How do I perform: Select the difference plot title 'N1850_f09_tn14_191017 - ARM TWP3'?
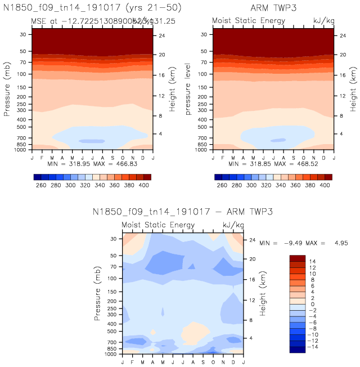pos(182,212)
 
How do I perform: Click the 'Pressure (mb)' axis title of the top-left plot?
pos(7,92)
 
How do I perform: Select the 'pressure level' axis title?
pos(190,92)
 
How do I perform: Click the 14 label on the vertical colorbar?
pos(312,261)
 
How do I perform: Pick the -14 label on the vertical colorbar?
pos(314,348)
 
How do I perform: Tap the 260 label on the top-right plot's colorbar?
pos(222,185)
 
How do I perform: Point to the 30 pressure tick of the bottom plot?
pos(113,239)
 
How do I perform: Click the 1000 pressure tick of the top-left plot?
pos(21,150)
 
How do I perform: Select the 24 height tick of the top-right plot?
pos(343,35)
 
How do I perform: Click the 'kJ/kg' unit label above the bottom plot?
pos(232,225)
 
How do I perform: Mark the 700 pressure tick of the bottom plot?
pos(111,342)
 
